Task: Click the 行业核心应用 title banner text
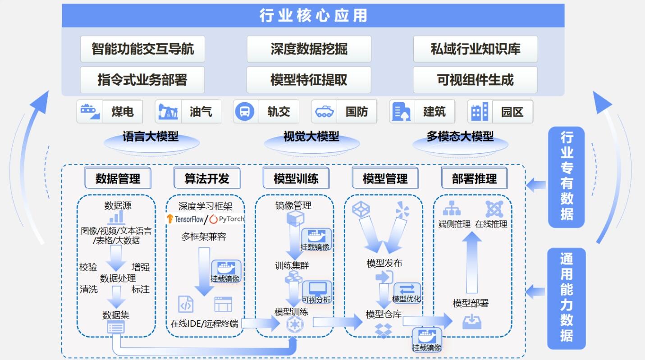tap(313, 16)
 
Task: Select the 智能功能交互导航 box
tap(142, 49)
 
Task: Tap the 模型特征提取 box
tap(309, 80)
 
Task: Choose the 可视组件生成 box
tap(475, 80)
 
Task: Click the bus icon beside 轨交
tap(245, 111)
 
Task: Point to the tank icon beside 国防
tap(324, 112)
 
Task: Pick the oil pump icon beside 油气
tap(168, 112)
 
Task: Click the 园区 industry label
tap(512, 112)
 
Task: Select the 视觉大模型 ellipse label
tap(311, 137)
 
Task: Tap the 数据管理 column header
tap(118, 178)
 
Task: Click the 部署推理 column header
tap(474, 178)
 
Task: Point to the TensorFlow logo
tap(185, 219)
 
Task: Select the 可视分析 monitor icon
tap(317, 289)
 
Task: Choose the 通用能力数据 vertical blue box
tap(566, 298)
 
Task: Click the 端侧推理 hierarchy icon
tap(452, 209)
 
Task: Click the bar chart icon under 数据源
tap(116, 218)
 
